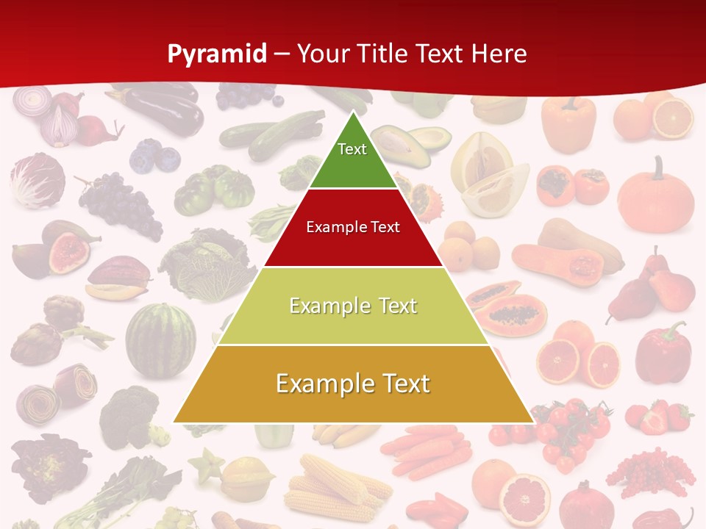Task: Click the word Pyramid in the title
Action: [217, 54]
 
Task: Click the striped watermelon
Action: [160, 339]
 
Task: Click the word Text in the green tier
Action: [352, 149]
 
